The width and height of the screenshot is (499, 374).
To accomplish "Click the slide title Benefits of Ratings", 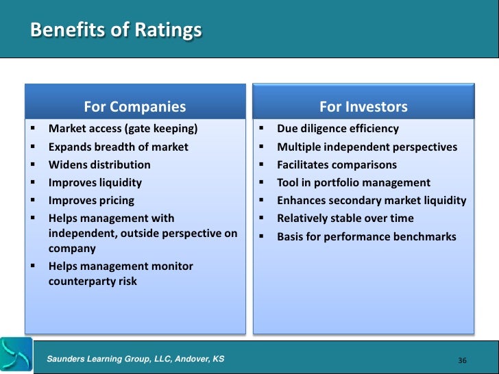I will (x=117, y=31).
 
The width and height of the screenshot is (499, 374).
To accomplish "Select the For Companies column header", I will (x=134, y=107).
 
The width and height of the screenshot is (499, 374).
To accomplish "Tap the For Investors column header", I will (x=363, y=107).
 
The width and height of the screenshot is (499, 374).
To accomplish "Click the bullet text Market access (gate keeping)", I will (x=123, y=129).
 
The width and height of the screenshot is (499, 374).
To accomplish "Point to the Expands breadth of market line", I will (x=118, y=147).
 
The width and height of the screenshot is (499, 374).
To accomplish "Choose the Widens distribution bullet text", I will (x=99, y=164).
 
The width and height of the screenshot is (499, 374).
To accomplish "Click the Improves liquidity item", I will (x=95, y=182).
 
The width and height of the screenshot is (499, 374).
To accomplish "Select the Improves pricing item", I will (x=91, y=201).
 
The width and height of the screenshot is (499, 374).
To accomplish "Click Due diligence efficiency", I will (x=337, y=129).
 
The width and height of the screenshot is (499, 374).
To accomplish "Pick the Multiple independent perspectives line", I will (x=367, y=147).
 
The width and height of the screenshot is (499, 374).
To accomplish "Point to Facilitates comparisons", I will (x=337, y=164).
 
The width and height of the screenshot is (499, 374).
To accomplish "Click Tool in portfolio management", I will (x=354, y=182).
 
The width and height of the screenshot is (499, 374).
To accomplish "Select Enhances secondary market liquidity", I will (x=372, y=201).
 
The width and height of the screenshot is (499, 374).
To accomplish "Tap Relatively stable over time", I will (x=345, y=219).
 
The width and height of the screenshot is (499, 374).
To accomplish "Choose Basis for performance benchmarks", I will (x=367, y=236).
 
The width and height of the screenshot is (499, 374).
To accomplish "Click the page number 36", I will (x=461, y=360).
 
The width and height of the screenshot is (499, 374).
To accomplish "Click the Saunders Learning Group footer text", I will (x=135, y=359).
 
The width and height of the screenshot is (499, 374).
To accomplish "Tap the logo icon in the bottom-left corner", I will (x=16, y=355).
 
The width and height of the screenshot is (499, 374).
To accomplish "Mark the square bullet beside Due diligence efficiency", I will (x=261, y=129).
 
